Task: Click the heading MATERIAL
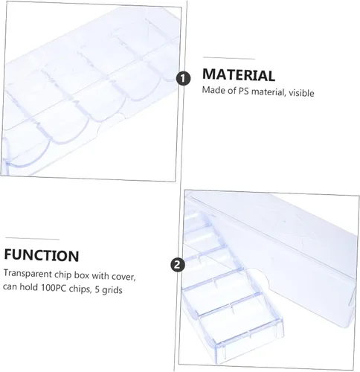point(238,74)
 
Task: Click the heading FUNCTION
point(41,256)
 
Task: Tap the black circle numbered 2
point(177,263)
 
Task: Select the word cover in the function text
point(121,275)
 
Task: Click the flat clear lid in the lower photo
point(283,238)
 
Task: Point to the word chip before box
point(65,275)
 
